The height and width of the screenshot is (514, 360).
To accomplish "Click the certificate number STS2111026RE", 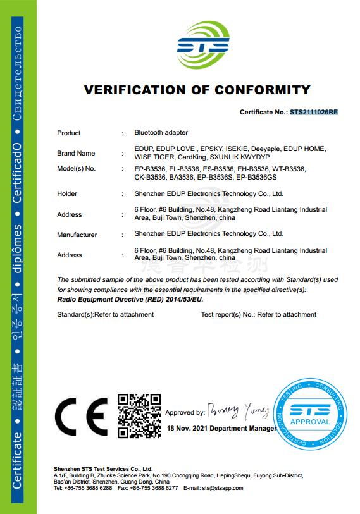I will [x=314, y=112].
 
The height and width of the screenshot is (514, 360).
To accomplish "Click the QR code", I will [x=139, y=415].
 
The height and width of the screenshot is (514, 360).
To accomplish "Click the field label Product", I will [x=69, y=133].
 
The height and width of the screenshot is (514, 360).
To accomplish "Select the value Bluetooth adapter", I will [x=161, y=133].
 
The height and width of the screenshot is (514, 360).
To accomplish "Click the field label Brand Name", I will [x=76, y=153].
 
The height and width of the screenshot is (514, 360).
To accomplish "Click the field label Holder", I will [x=67, y=193].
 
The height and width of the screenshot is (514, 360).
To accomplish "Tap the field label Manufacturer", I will [x=77, y=235].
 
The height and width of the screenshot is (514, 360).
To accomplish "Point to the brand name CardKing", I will [x=191, y=157].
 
